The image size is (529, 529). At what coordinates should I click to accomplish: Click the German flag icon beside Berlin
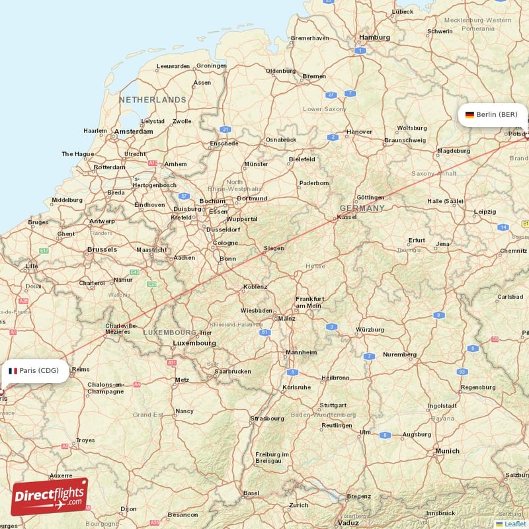[x=469, y=114]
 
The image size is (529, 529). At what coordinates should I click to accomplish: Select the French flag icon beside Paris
[x=12, y=371]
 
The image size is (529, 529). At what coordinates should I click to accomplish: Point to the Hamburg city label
[x=374, y=38]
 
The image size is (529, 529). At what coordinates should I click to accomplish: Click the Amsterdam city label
[x=133, y=132]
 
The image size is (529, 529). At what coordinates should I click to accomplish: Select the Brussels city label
[x=102, y=249]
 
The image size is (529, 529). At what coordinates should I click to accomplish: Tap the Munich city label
[x=447, y=451]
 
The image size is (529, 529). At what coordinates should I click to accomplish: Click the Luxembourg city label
[x=194, y=343]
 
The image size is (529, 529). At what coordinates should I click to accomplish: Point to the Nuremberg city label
[x=399, y=354]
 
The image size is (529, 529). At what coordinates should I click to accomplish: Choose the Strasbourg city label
[x=266, y=419]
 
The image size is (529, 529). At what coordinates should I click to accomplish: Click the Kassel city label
[x=346, y=217]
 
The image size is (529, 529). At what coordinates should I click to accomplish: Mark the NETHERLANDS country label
[x=153, y=100]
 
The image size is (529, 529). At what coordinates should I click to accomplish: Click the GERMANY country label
[x=362, y=208]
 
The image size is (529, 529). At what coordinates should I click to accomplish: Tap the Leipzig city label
[x=485, y=212]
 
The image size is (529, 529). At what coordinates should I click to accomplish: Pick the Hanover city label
[x=360, y=132]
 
